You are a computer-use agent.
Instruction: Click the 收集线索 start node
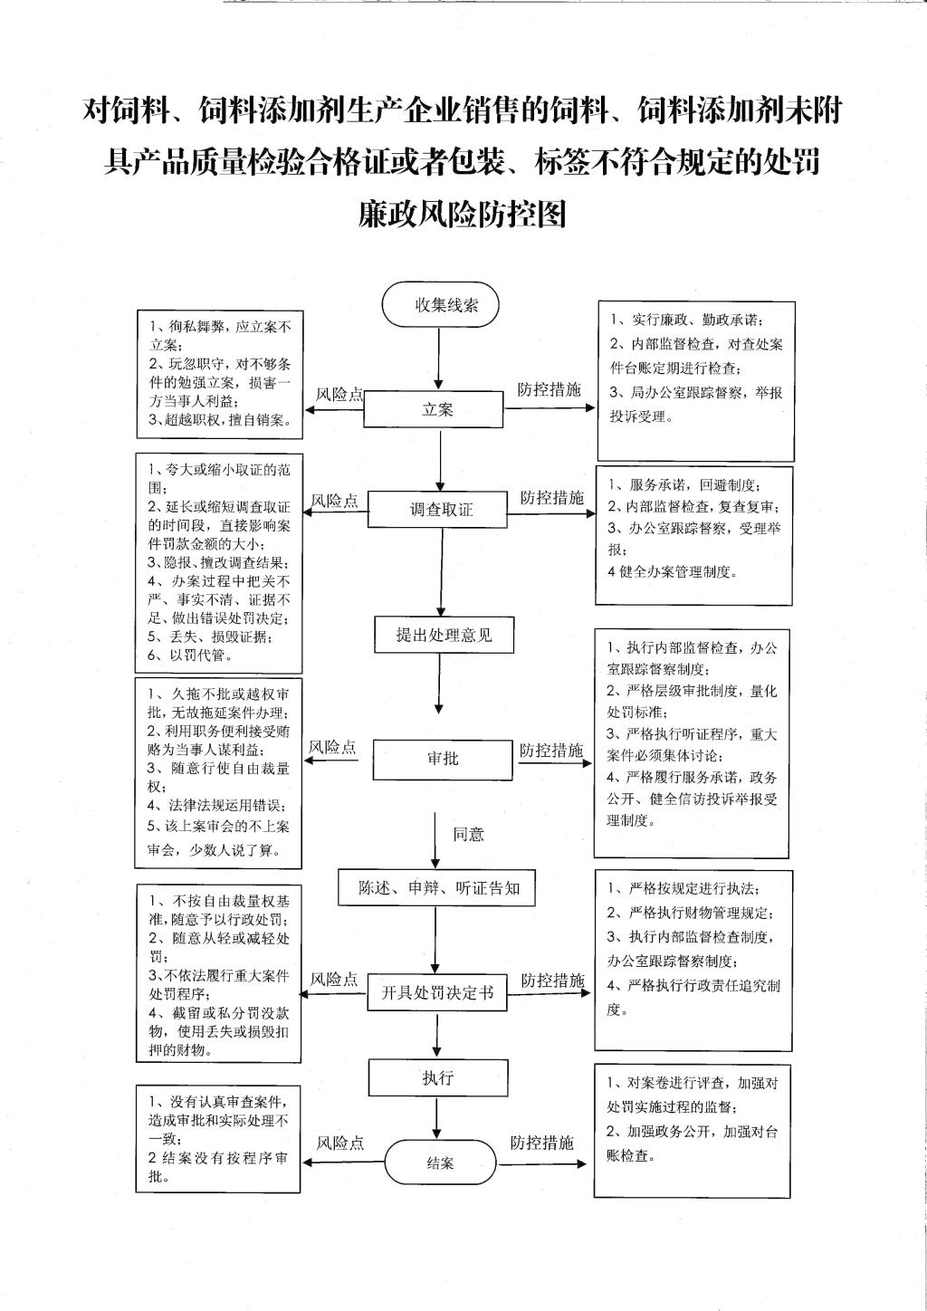click(x=440, y=304)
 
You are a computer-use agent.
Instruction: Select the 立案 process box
click(x=433, y=409)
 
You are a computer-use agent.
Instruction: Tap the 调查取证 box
click(x=437, y=509)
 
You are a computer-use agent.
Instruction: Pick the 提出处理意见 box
click(x=444, y=635)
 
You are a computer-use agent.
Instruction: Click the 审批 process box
click(x=443, y=759)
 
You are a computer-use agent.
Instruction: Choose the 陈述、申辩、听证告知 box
click(x=436, y=888)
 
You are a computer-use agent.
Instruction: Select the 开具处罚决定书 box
click(x=437, y=992)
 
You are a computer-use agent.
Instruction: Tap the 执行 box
click(x=438, y=1077)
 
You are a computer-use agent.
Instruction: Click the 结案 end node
click(x=440, y=1163)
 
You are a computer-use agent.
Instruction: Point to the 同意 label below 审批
click(x=469, y=834)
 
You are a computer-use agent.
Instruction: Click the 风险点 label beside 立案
click(x=339, y=394)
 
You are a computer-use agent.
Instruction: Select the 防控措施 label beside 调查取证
click(x=552, y=497)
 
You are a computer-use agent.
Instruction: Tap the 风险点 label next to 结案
click(x=340, y=1143)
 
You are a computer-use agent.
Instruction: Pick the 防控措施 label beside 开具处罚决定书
click(x=553, y=979)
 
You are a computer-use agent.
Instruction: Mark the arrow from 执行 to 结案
click(x=436, y=1118)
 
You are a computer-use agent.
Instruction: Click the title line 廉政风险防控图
click(x=463, y=213)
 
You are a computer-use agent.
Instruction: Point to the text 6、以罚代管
click(x=190, y=655)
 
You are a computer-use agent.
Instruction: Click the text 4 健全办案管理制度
click(x=673, y=571)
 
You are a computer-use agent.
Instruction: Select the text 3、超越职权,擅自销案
click(x=220, y=419)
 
